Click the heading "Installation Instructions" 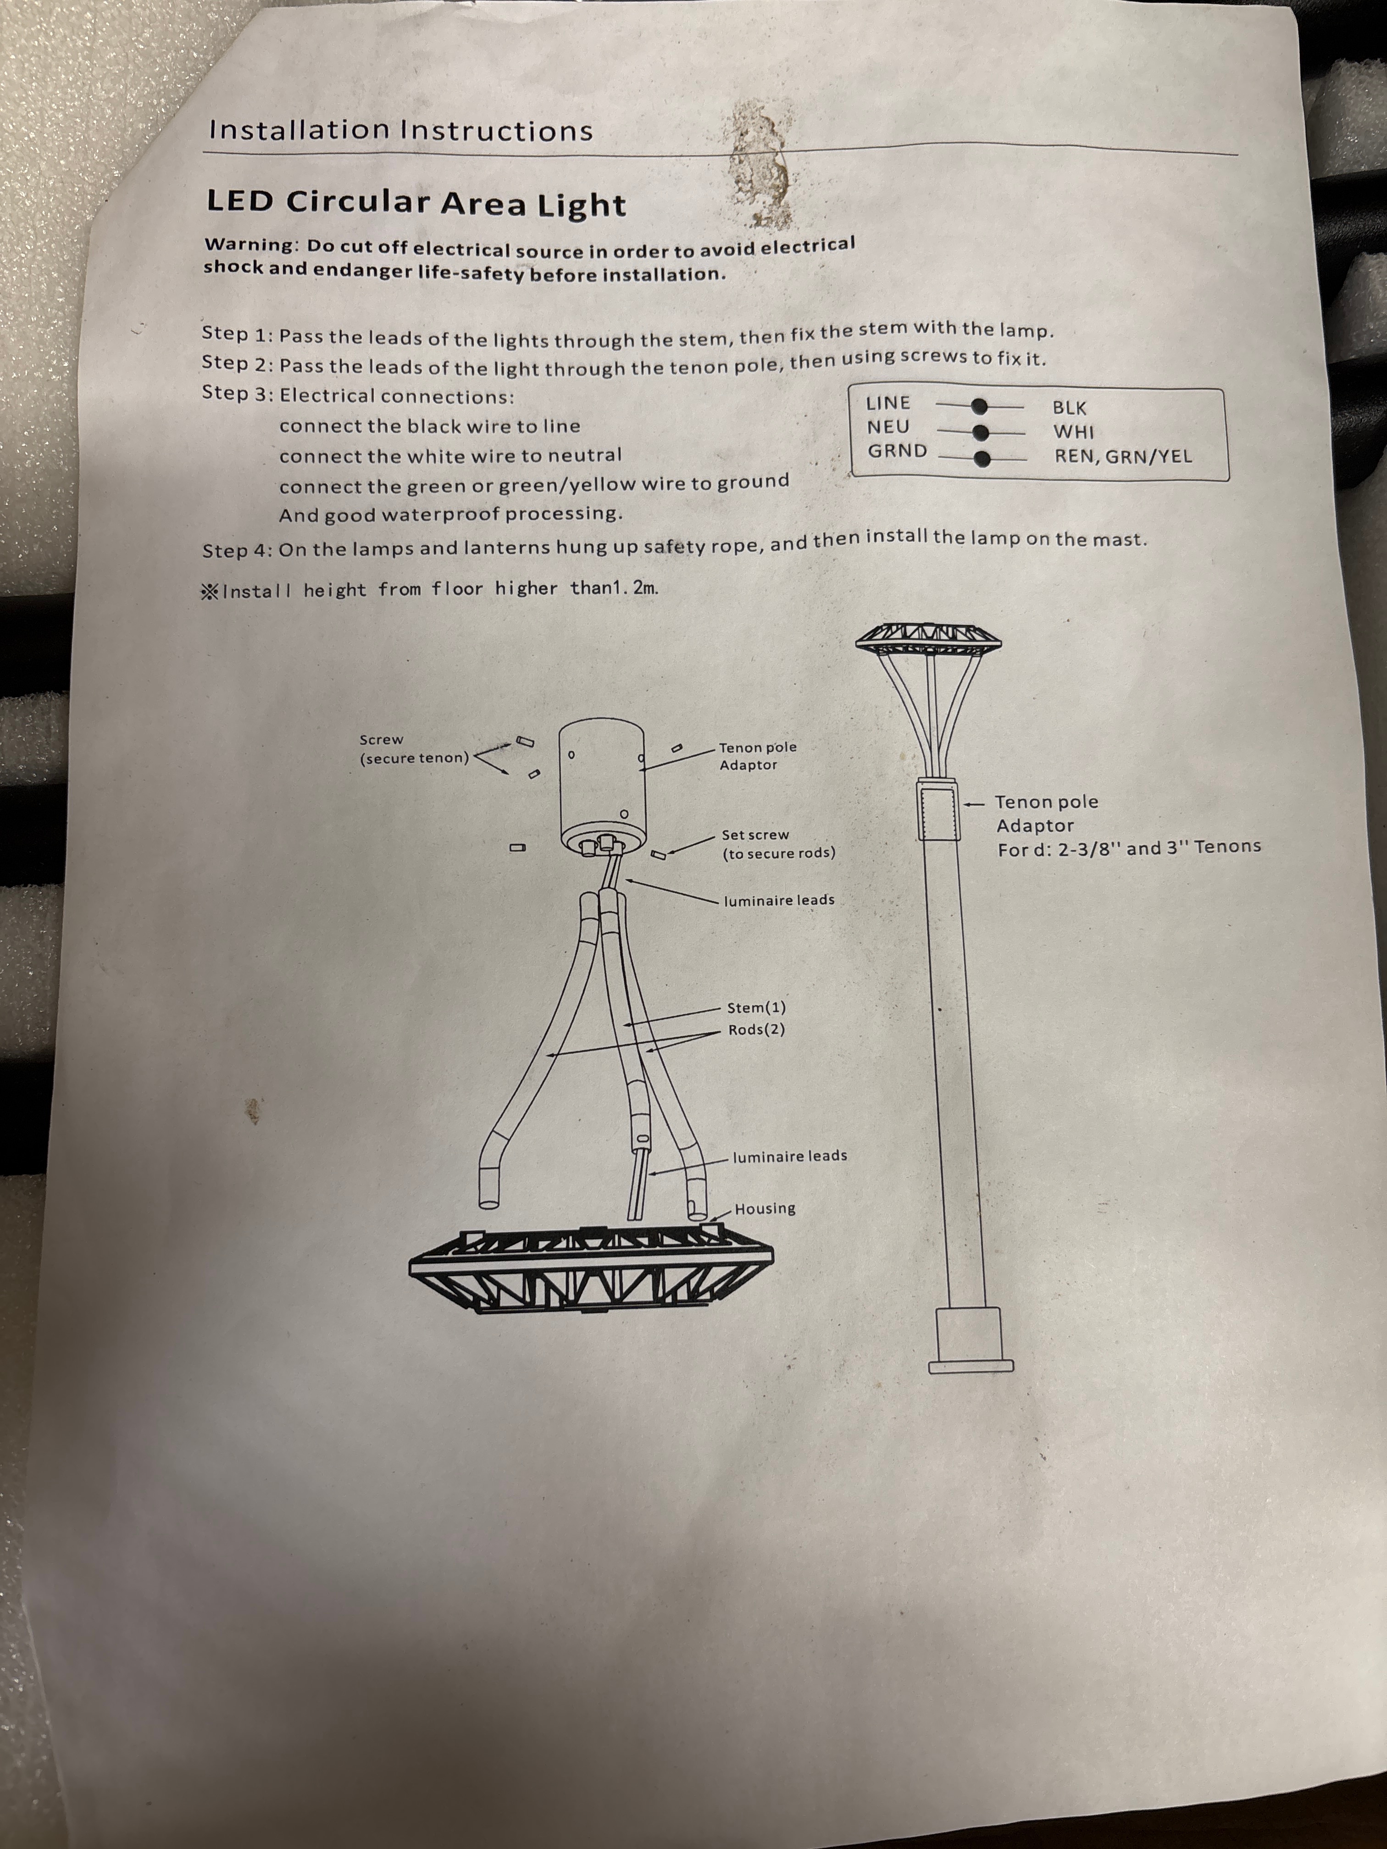(400, 130)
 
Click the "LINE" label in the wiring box (888, 403)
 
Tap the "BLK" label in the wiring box (1069, 408)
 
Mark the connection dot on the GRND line (982, 458)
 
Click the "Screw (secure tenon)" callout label (414, 749)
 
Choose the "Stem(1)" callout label (757, 1008)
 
